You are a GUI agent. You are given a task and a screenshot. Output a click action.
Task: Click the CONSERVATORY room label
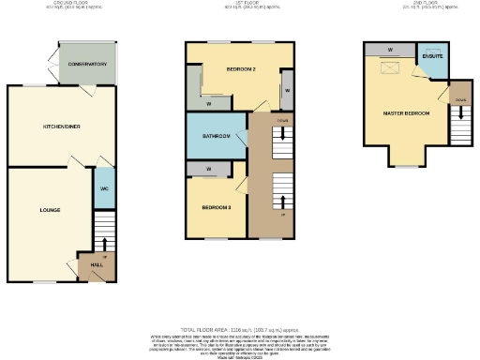pos(86,64)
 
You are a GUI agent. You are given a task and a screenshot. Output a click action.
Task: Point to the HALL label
pos(97,266)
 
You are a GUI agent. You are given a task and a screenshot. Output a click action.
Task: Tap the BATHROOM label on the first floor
pos(217,136)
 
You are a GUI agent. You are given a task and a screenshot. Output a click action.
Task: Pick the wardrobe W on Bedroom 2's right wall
pos(287,91)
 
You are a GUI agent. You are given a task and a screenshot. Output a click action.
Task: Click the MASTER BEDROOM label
pos(405,114)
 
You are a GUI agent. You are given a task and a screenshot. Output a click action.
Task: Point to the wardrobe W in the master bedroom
pos(388,49)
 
